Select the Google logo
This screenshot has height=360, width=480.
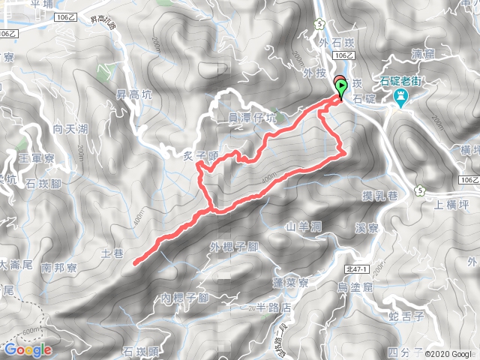(x=28, y=349)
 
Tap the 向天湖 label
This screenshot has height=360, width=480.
(x=70, y=130)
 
